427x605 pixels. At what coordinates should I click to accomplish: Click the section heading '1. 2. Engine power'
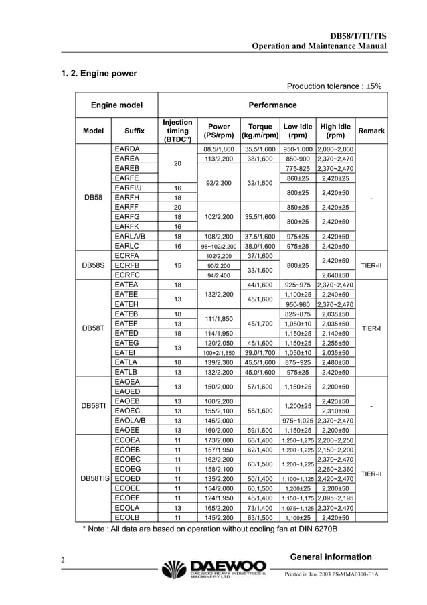(x=99, y=73)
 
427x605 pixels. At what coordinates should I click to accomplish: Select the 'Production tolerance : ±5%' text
(x=334, y=86)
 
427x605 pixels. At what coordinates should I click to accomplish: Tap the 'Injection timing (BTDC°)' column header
(x=177, y=131)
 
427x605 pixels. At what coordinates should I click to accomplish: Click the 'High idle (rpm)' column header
(x=335, y=131)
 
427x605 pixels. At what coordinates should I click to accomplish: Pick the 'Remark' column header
(x=371, y=131)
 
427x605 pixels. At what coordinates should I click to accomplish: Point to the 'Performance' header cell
(x=272, y=105)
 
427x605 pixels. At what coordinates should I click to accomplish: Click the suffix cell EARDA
(x=127, y=149)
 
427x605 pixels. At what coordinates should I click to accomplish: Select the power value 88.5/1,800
(x=219, y=149)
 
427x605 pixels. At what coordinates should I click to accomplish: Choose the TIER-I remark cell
(x=371, y=328)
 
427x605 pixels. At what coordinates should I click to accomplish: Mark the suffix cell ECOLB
(x=127, y=517)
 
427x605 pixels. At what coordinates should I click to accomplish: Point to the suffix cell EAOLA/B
(x=131, y=421)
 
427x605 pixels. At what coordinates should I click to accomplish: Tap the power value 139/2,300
(x=219, y=362)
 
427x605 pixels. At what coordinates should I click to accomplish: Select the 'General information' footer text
(x=331, y=557)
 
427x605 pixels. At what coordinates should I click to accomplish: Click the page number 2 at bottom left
(x=62, y=560)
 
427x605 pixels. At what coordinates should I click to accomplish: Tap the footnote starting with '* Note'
(x=209, y=529)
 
